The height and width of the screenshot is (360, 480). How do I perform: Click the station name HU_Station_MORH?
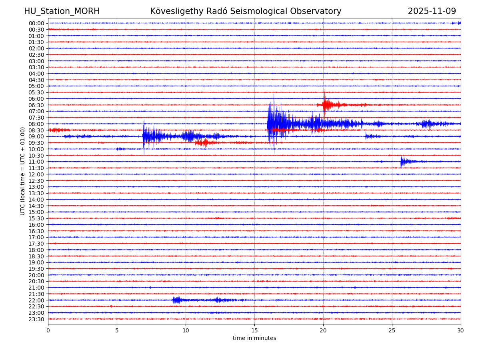62,11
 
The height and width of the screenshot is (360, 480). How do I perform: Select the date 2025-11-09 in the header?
432,11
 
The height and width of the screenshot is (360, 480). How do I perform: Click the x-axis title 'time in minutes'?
254,338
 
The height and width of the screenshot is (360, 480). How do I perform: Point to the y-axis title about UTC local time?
23,171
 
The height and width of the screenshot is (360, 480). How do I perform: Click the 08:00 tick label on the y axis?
36,124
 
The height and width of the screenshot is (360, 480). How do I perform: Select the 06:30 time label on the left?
36,105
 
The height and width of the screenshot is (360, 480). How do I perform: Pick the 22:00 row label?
36,300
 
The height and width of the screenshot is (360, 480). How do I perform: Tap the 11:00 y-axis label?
36,162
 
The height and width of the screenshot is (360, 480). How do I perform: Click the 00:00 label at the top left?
36,23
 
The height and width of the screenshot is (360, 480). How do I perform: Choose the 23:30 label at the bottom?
36,319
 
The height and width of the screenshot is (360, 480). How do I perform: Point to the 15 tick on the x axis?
254,331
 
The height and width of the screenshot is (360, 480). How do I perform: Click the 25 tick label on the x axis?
392,331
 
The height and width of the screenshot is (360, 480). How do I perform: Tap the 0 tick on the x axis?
48,331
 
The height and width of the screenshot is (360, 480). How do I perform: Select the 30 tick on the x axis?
461,331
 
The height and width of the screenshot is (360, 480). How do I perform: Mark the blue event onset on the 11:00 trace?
402,162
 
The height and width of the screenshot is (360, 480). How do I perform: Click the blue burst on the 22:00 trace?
176,300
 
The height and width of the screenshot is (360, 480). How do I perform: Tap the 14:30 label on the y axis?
36,206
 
